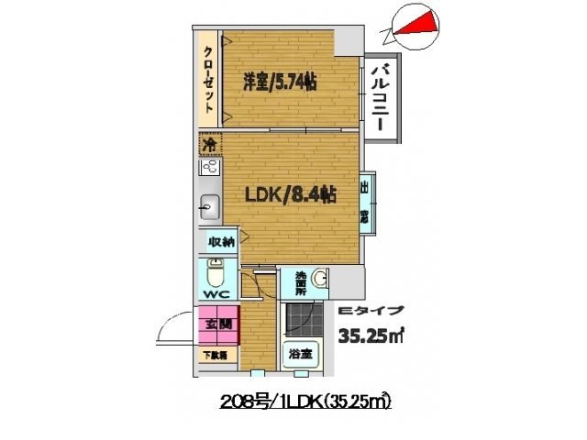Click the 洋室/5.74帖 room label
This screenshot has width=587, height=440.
click(279, 82)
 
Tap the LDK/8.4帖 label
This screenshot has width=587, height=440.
click(290, 194)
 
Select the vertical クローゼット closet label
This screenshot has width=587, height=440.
click(209, 80)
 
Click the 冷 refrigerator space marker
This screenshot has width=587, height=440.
click(209, 145)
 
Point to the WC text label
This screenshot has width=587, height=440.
click(216, 294)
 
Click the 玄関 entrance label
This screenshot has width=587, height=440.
click(218, 324)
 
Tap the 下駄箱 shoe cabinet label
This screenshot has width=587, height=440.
click(216, 354)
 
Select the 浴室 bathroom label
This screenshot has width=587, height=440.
click(300, 353)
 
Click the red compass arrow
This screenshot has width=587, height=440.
click(418, 25)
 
